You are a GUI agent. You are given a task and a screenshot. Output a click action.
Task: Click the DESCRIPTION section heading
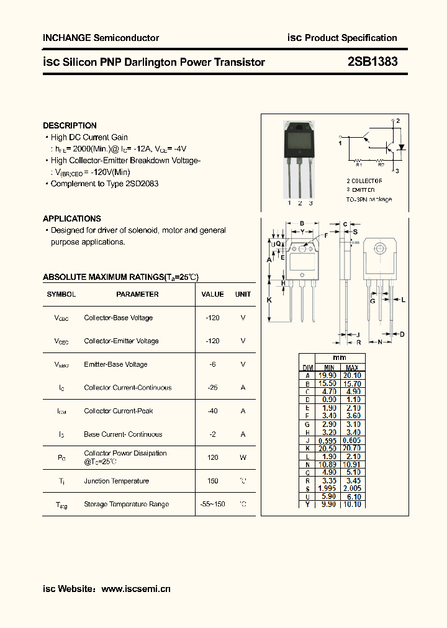(x=70, y=125)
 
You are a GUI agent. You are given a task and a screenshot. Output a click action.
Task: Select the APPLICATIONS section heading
(x=72, y=218)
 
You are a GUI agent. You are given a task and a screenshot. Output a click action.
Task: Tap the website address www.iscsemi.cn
(x=135, y=589)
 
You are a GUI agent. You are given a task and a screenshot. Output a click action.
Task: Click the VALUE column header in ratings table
(x=213, y=294)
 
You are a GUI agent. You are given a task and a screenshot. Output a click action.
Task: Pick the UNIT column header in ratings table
(x=243, y=294)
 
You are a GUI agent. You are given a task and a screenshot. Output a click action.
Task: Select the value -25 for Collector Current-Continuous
(x=213, y=388)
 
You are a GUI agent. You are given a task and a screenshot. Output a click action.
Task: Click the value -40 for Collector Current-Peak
(x=213, y=411)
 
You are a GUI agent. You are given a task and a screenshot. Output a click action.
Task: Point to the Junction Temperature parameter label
(x=116, y=481)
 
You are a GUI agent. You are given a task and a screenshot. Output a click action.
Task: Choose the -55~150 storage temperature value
(x=213, y=504)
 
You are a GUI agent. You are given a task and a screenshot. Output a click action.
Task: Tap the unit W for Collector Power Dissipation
(x=243, y=457)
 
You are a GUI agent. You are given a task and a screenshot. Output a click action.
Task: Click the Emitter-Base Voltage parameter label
(x=115, y=364)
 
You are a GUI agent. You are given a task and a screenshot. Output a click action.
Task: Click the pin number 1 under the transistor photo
(x=289, y=203)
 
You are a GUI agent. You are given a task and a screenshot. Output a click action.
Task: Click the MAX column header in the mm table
(x=352, y=367)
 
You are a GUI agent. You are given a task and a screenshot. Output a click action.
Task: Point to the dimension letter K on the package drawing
(x=269, y=300)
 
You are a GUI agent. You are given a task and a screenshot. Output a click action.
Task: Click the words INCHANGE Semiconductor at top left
(x=101, y=38)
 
